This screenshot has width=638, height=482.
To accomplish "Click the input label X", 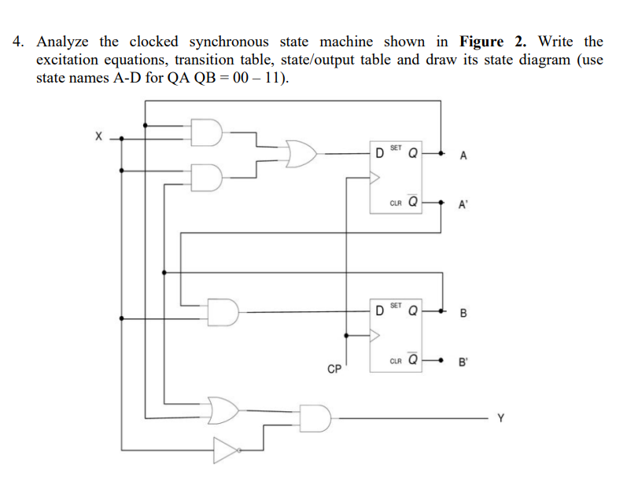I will pyautogui.click(x=98, y=136).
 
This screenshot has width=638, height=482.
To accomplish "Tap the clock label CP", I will pyautogui.click(x=335, y=367).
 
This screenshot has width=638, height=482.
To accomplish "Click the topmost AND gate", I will pyautogui.click(x=208, y=131).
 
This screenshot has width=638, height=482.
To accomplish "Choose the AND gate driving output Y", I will pyautogui.click(x=315, y=418).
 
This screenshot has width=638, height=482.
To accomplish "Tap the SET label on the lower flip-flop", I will pyautogui.click(x=396, y=304).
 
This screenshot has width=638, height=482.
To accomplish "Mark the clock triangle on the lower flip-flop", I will pyautogui.click(x=375, y=336).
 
